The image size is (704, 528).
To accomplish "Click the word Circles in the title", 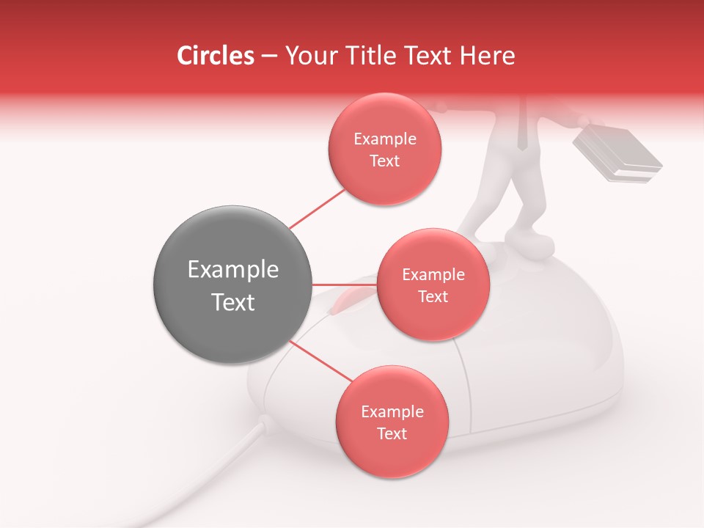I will pos(215,56).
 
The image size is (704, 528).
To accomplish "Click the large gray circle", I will pos(232,285).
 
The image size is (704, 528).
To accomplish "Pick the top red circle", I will pos(384,150).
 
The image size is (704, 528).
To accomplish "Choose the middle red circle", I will pos(433,285).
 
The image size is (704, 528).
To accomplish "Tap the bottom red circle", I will pos(392,422).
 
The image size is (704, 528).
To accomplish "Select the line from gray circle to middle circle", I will pos(344,284).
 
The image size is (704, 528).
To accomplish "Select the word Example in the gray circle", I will pos(232,270).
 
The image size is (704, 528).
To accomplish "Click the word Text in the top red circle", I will pos(384,161).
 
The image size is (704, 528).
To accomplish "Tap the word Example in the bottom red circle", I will pos(392,411).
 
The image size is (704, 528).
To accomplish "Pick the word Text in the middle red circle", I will pos(433,297).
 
